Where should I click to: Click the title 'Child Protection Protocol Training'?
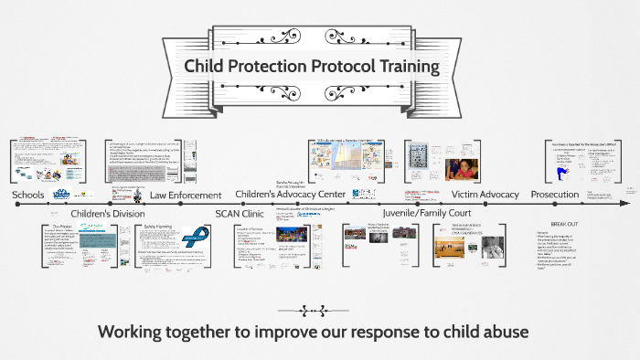[312, 67]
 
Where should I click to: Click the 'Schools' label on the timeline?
[28, 195]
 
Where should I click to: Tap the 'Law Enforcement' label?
[186, 195]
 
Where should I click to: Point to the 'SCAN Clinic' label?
[241, 214]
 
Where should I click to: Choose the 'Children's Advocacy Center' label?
[290, 194]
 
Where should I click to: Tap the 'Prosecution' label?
[555, 194]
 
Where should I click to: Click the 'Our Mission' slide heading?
[62, 226]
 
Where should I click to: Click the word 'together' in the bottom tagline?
[206, 330]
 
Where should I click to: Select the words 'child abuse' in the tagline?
[496, 330]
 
